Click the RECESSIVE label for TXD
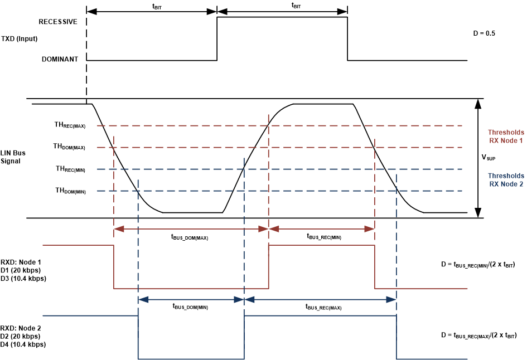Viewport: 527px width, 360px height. click(x=58, y=22)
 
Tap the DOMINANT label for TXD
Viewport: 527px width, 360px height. click(x=60, y=59)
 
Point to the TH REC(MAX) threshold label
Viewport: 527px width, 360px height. click(x=70, y=126)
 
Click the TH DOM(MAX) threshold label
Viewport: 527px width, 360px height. click(x=69, y=147)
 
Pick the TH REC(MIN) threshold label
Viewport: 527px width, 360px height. click(x=70, y=169)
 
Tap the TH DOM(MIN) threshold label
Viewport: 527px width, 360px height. click(x=70, y=191)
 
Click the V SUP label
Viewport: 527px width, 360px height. click(x=489, y=158)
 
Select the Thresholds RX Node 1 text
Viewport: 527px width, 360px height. click(x=506, y=137)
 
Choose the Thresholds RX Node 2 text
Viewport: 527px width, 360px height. click(x=506, y=180)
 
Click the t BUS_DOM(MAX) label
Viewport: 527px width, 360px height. click(x=189, y=237)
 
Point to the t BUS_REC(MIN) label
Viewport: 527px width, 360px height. click(x=324, y=236)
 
